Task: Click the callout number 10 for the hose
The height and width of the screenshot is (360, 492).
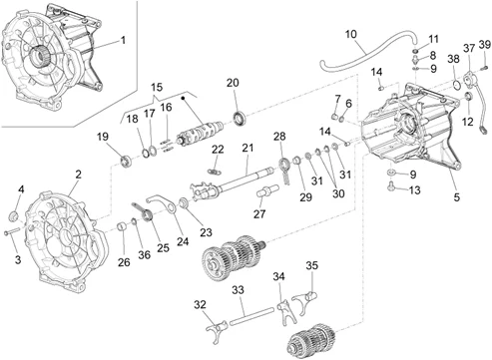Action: point(351,34)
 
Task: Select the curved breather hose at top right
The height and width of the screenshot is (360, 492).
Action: point(366,53)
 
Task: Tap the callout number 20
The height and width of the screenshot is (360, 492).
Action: point(233,83)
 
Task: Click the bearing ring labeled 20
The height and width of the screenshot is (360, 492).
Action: point(240,119)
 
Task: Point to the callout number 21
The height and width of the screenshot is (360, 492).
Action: point(247,148)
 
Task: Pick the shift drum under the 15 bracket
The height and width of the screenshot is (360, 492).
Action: point(201,133)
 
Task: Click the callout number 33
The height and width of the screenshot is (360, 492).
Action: point(238,290)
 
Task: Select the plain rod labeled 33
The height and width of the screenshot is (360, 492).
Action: point(252,316)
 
